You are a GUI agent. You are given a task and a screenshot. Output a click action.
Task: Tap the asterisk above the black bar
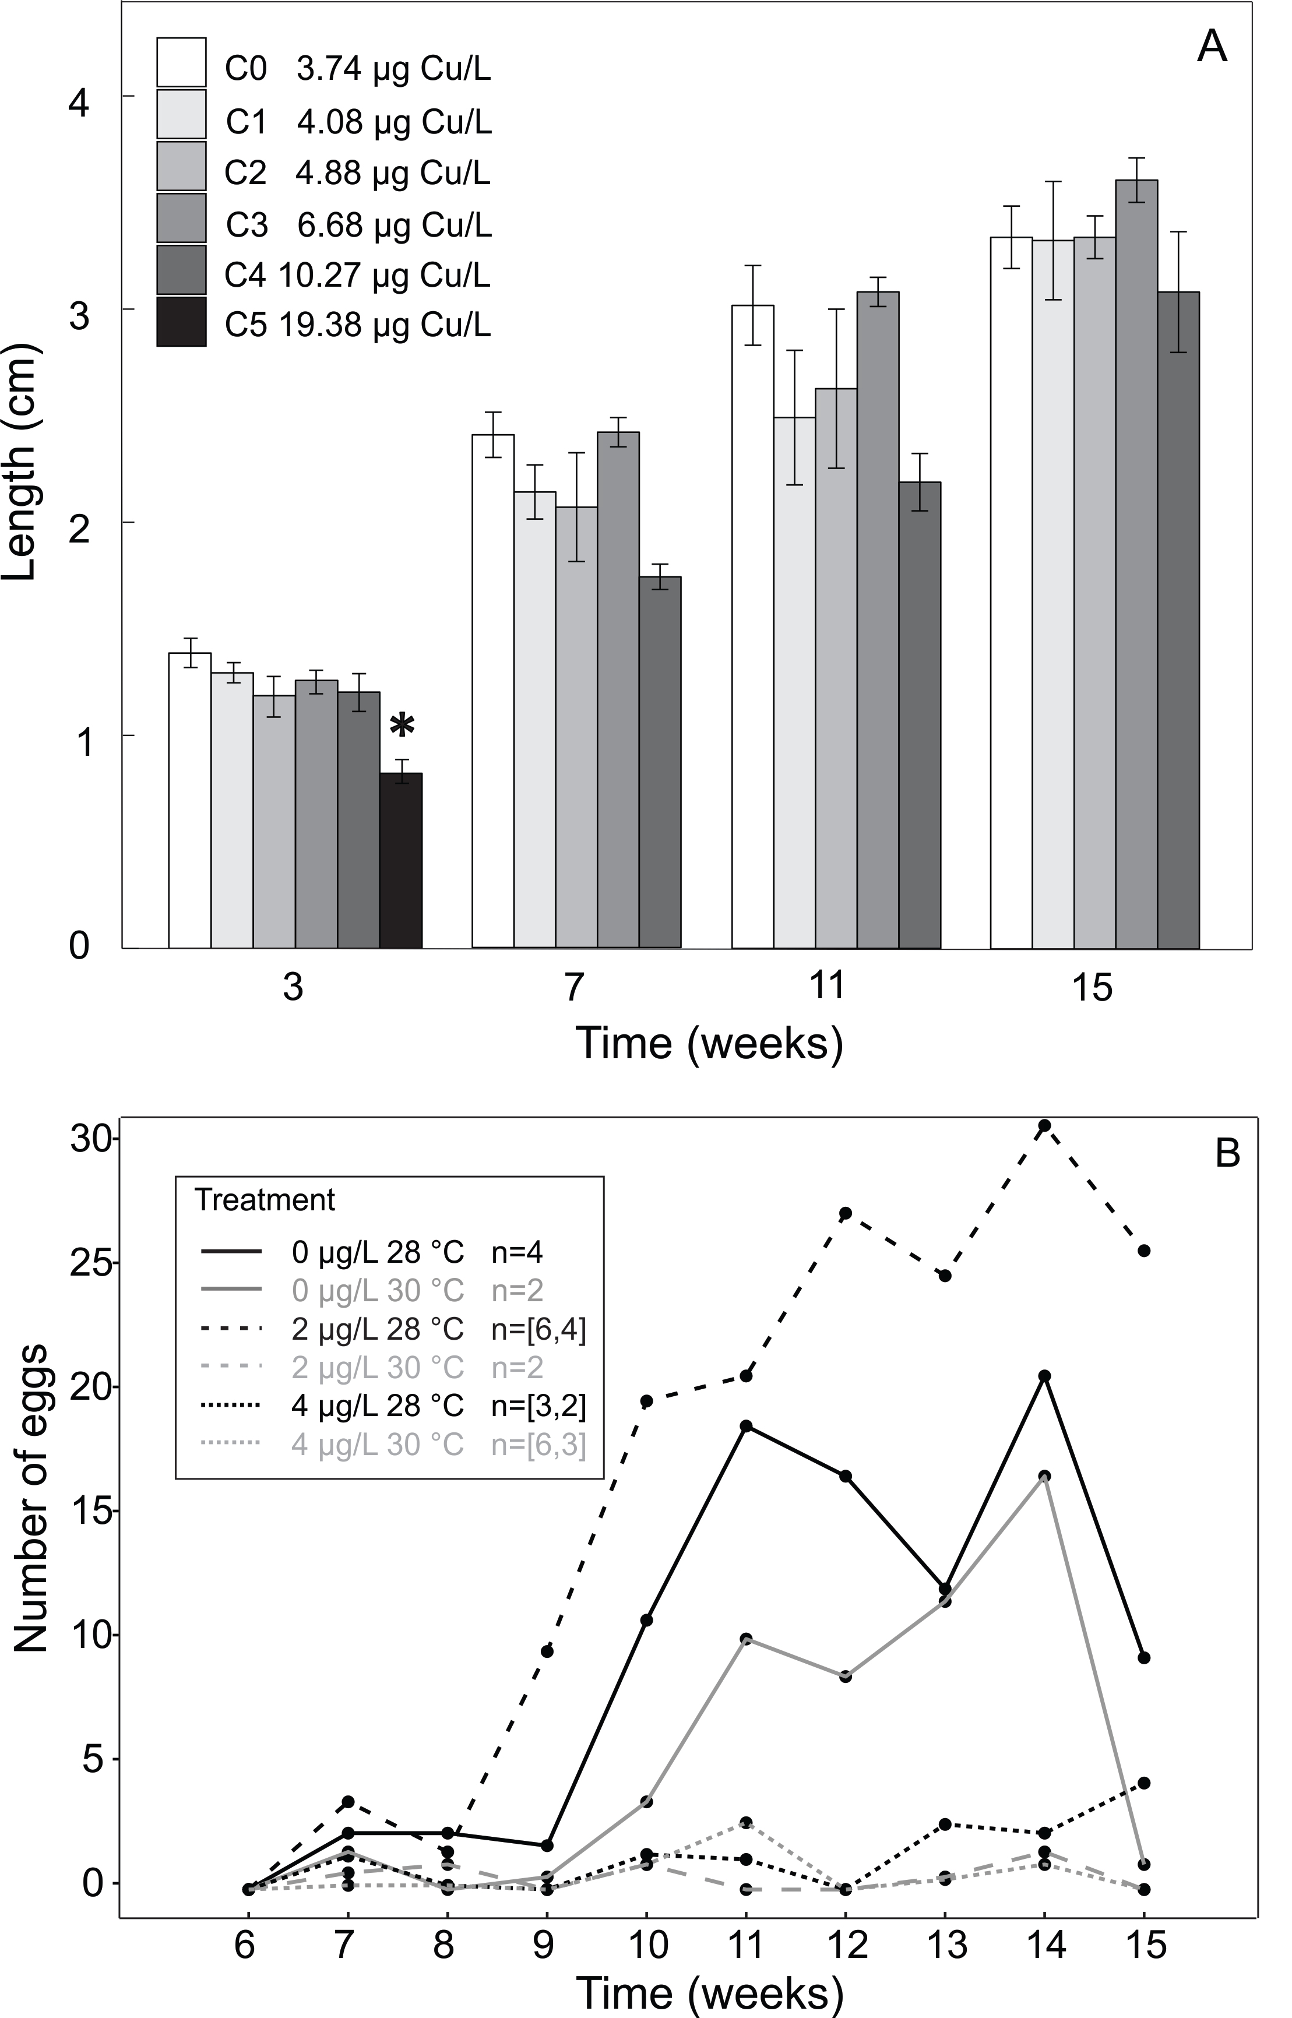coord(403,726)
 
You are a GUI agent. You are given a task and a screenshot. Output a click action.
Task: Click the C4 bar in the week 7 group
coord(660,762)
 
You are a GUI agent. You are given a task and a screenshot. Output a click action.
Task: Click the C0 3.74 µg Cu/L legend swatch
coord(181,62)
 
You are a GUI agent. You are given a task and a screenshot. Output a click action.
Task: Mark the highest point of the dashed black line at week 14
coord(1044,1126)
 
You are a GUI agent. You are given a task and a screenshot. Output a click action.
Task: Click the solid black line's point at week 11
coord(746,1427)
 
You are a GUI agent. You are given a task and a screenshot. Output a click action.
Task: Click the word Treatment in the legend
coord(265,1200)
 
